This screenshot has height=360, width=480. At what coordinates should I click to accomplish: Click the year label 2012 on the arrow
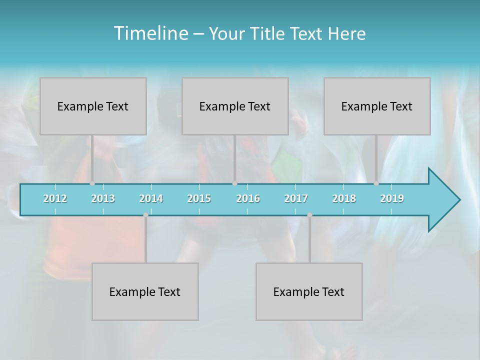coord(55,198)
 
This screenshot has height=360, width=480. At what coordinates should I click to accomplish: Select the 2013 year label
coord(103,198)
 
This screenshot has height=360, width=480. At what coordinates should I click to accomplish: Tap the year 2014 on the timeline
coord(151,198)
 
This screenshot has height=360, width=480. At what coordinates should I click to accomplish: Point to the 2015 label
coord(199,198)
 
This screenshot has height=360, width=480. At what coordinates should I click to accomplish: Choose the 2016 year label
coord(248,198)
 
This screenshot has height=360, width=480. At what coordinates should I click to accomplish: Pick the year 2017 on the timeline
coord(296,198)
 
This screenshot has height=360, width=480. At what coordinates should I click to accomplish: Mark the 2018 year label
coord(344,198)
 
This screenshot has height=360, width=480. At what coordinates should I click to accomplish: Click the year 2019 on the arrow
coord(392,198)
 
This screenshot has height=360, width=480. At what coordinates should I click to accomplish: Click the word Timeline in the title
coord(150,33)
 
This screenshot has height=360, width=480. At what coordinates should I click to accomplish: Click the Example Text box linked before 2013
coord(93,106)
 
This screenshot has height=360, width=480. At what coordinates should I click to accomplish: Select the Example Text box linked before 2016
coord(235,106)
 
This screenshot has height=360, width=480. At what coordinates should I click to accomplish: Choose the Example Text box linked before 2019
coord(377,106)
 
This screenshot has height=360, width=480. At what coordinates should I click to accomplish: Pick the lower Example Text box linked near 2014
coord(145,291)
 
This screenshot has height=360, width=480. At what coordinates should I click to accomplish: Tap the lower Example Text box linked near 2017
coord(309,291)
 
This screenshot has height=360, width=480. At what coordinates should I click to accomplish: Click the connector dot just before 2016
coord(234,183)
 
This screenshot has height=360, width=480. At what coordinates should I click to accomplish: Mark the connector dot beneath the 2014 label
coord(145,215)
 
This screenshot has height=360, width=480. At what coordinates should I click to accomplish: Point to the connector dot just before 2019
coord(376,183)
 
